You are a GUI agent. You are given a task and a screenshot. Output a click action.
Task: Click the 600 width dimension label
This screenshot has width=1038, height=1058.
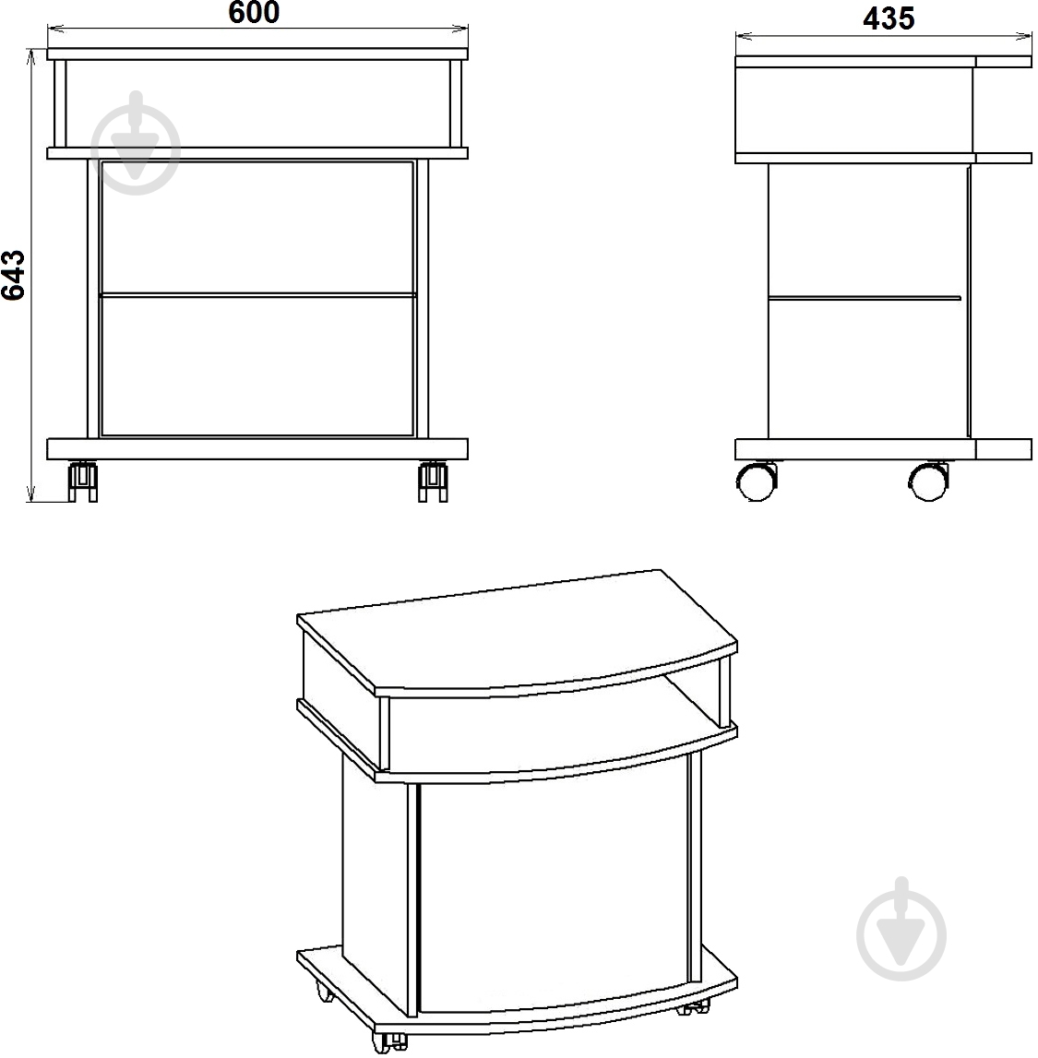(254, 12)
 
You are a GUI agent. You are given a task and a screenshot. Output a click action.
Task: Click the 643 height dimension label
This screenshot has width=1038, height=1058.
(14, 275)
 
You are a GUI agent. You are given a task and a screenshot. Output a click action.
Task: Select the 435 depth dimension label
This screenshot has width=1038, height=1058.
(889, 18)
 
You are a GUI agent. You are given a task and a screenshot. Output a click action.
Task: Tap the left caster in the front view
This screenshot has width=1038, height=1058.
(83, 481)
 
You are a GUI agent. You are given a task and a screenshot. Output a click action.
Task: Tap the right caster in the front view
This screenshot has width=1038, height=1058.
(433, 481)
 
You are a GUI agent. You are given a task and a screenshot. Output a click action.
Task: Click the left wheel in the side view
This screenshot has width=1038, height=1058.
(756, 481)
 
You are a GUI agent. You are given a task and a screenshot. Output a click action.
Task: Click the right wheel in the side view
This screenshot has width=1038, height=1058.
(929, 481)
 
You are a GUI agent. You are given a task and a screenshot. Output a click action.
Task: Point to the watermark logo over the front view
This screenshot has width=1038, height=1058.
(137, 143)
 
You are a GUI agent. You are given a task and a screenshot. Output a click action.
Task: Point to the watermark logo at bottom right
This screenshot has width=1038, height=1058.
(901, 930)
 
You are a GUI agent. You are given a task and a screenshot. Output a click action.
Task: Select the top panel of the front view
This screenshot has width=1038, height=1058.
(257, 54)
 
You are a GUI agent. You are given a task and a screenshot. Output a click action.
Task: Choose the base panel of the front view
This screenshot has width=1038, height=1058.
(257, 449)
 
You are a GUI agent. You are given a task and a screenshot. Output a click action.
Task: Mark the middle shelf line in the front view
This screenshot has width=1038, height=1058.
(257, 295)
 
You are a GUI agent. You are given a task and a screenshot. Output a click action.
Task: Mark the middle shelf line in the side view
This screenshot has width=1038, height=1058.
(865, 297)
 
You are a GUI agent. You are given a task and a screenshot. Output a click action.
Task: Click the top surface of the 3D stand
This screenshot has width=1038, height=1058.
(517, 631)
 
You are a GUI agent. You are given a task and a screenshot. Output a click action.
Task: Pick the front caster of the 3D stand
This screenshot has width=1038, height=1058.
(389, 1041)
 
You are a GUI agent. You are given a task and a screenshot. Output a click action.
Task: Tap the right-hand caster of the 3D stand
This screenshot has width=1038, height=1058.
(695, 1006)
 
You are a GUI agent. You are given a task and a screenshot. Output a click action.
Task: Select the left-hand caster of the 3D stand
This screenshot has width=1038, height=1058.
(322, 990)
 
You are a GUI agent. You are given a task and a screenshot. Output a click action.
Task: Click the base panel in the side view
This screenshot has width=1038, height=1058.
(883, 449)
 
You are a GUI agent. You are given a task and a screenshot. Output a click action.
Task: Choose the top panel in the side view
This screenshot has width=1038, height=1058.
(883, 62)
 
